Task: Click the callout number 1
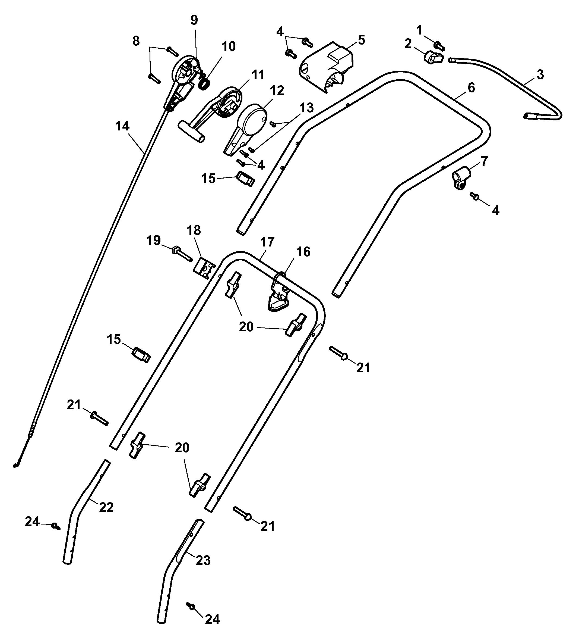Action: [420, 30]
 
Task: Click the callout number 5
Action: [361, 40]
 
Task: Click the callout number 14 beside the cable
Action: [122, 126]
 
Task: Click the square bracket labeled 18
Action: [204, 268]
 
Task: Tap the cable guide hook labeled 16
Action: [278, 293]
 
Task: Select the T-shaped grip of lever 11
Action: [191, 132]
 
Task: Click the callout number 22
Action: [106, 508]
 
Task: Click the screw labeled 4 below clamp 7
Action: [474, 195]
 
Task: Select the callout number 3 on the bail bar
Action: [540, 75]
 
